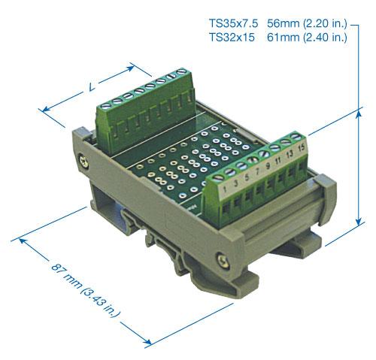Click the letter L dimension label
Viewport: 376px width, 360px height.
[x=91, y=88]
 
